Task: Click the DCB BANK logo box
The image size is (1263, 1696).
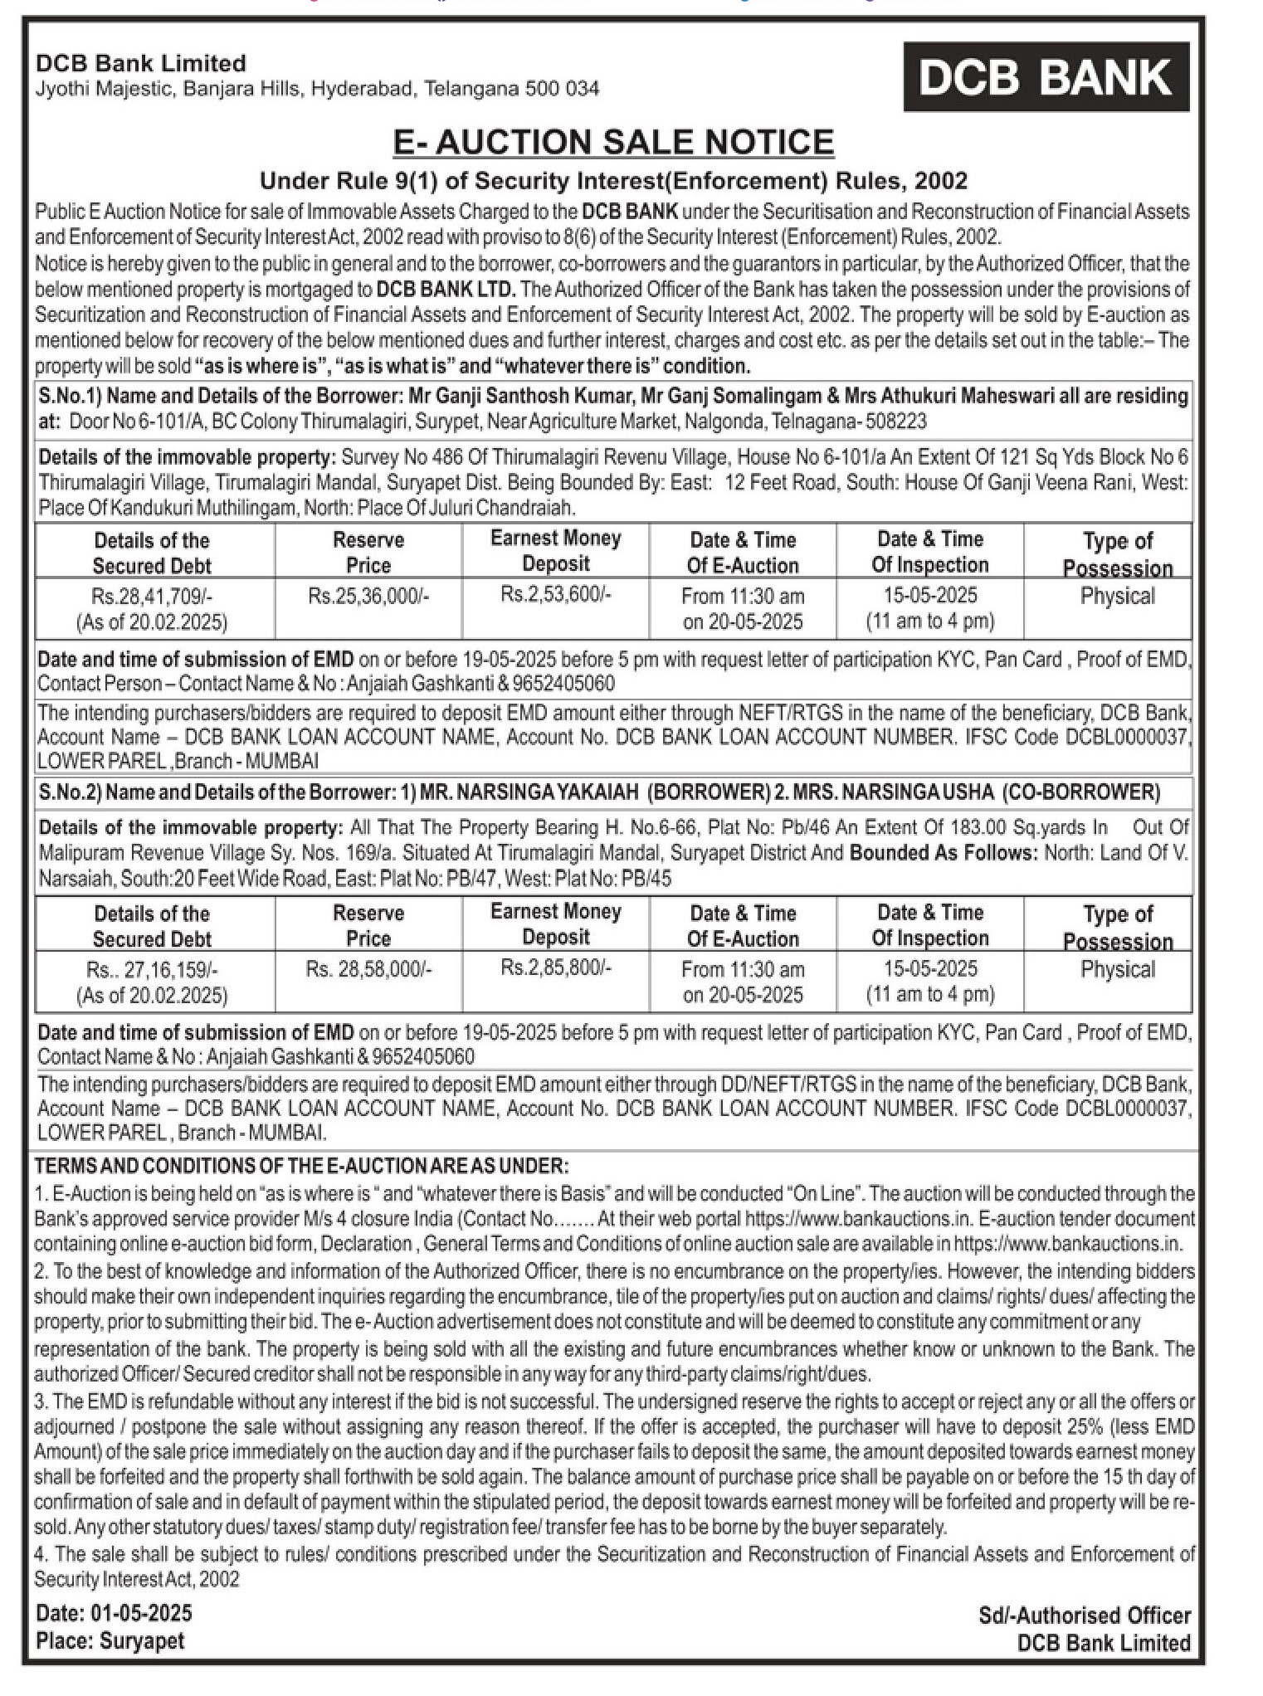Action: click(1046, 77)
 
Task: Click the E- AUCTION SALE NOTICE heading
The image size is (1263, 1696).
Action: click(613, 142)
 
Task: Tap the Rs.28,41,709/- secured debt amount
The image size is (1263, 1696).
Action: click(152, 596)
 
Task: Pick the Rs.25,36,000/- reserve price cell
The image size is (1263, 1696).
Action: click(368, 596)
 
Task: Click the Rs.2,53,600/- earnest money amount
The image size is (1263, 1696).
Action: click(555, 594)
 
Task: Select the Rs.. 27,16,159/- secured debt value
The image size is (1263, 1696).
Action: click(152, 969)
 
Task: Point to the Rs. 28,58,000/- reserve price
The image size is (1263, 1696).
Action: click(368, 969)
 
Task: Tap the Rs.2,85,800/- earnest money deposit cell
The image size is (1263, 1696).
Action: click(555, 967)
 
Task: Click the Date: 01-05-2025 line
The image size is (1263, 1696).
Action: click(114, 1613)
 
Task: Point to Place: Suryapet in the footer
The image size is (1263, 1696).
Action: click(110, 1640)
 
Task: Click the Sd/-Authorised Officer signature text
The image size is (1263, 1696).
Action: click(1084, 1615)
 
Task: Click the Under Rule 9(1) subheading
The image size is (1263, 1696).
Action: click(613, 181)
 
